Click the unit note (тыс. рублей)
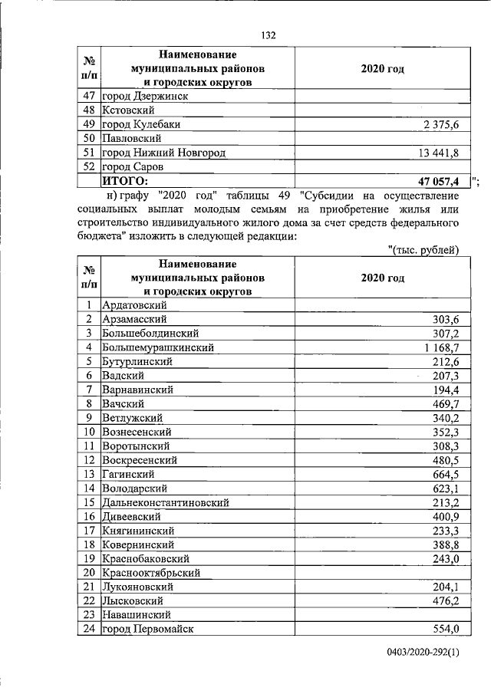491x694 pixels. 424,249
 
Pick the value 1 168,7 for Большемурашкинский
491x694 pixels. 434,347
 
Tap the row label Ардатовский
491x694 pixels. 133,305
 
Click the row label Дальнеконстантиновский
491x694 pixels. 165,502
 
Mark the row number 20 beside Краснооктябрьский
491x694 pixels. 89,572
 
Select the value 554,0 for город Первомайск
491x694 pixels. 441,629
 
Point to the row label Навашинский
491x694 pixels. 134,614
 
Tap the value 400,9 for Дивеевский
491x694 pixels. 441,516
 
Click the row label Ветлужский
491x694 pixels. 131,417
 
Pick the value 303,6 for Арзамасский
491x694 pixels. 441,319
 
